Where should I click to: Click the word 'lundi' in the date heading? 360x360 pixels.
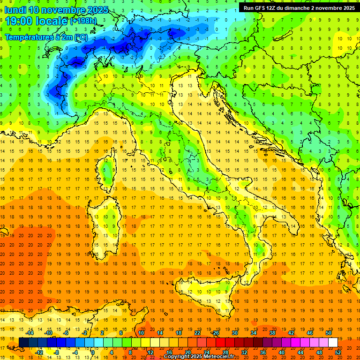(x=15, y=10)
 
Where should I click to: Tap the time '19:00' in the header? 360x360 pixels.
(x=19, y=21)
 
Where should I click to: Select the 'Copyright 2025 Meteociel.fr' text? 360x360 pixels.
(x=202, y=356)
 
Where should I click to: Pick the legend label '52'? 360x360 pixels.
(x=338, y=352)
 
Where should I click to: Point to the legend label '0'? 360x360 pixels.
(x=93, y=352)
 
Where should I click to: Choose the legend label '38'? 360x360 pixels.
(x=272, y=333)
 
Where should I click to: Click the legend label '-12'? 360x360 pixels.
(x=39, y=352)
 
